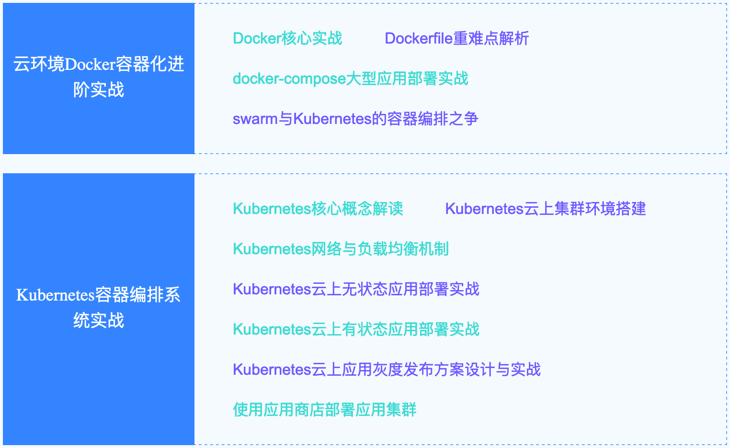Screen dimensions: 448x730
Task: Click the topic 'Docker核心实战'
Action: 287,38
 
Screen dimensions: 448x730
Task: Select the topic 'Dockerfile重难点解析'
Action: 456,38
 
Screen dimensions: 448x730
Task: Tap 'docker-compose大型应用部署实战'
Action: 350,78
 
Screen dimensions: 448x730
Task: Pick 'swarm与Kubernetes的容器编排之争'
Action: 355,119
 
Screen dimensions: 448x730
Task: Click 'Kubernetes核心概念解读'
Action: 318,209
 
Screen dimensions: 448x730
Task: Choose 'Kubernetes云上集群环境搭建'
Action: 545,209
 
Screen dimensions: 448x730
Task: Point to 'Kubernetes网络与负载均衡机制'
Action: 341,249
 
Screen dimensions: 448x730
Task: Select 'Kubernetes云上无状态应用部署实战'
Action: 356,289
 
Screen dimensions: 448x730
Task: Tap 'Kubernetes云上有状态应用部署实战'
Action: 356,329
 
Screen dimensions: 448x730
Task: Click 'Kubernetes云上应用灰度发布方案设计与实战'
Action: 387,370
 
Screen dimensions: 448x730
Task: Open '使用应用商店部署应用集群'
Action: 324,410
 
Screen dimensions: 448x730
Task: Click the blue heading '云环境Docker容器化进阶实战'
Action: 99,77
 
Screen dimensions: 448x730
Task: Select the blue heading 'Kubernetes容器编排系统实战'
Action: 99,307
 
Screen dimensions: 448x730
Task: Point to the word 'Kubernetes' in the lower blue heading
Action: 56,295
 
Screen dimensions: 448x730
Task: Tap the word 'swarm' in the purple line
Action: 255,119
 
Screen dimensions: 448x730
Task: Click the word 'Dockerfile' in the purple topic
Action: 419,38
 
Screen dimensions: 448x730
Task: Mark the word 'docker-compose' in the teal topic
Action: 289,78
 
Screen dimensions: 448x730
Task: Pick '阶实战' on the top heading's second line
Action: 99,90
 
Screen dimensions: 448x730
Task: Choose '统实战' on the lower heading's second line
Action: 99,320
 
